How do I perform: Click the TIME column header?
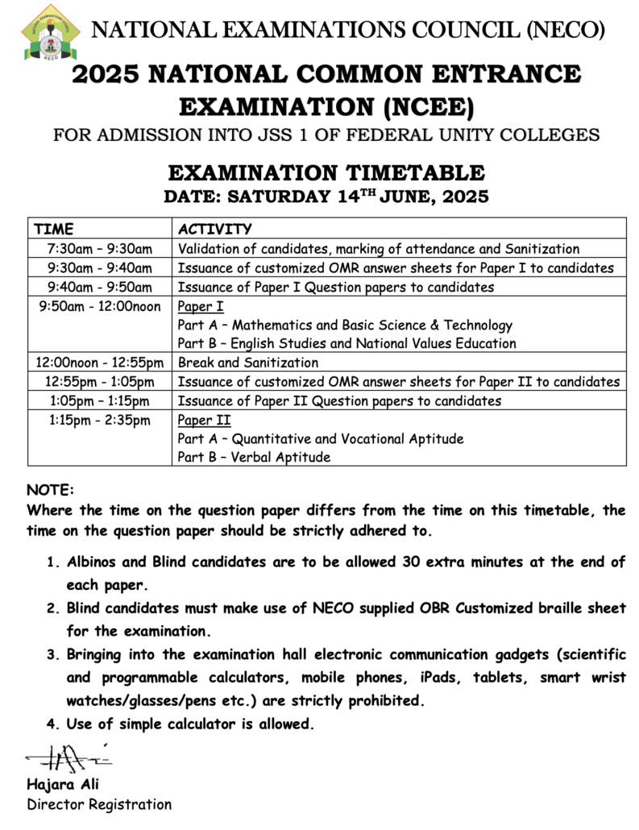tap(54, 229)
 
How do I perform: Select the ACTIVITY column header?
tap(214, 229)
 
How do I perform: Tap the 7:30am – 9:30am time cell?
tap(100, 249)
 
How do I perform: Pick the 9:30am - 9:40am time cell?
tap(100, 268)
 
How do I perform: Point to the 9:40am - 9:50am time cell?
tap(100, 287)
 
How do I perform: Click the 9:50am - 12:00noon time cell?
tap(100, 306)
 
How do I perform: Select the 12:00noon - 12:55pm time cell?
tap(100, 363)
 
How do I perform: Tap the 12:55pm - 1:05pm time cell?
tap(100, 382)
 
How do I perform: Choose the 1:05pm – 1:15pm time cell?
tap(100, 400)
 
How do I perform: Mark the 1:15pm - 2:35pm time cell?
tap(100, 420)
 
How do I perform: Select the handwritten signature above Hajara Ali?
tap(68, 758)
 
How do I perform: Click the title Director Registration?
tap(99, 804)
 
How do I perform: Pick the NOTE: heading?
tap(50, 490)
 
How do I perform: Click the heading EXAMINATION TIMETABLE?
tap(326, 173)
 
